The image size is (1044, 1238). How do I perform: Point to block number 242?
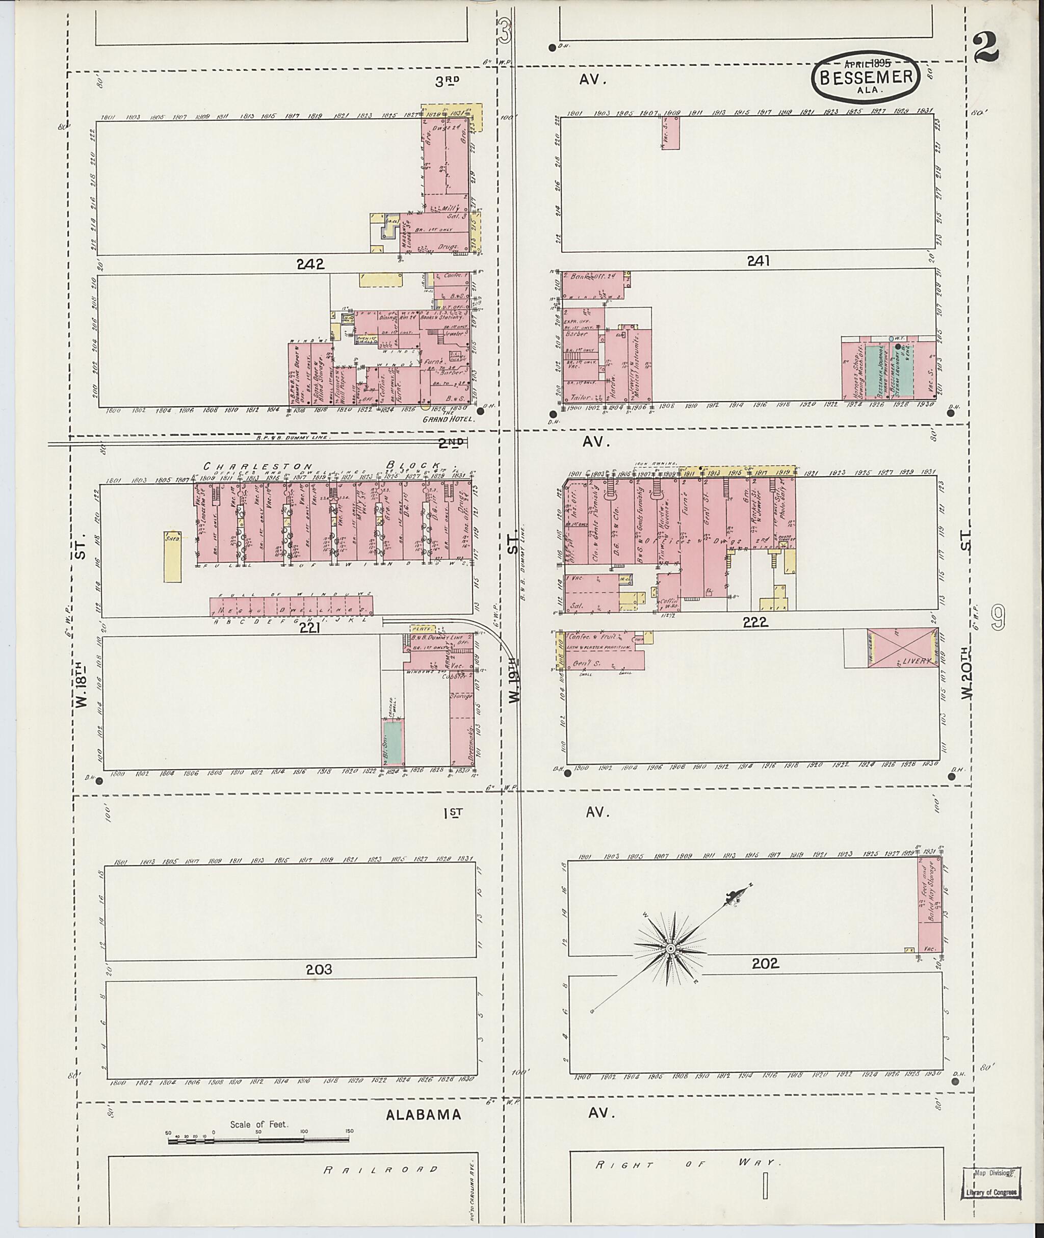(311, 265)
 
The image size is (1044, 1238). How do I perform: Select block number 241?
(758, 260)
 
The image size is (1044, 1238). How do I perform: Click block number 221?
(309, 629)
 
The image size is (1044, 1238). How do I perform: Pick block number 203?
(319, 969)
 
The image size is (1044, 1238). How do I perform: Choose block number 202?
(765, 963)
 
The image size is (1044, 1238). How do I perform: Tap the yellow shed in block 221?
(172, 556)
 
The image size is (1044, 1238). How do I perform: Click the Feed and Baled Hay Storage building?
(930, 904)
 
